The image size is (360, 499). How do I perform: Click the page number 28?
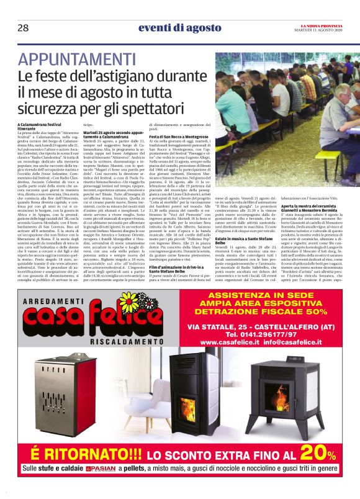click(22, 28)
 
